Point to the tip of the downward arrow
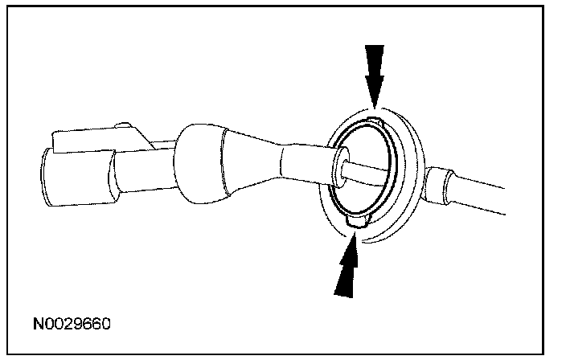coord(375,104)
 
